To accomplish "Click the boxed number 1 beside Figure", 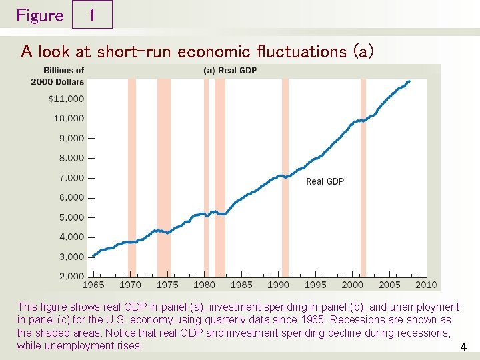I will [92, 15].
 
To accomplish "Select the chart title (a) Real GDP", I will [230, 70].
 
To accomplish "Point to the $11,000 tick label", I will [66, 99].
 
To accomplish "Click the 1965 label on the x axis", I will [93, 285].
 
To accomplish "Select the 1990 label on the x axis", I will [279, 285].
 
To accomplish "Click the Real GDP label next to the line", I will [325, 181].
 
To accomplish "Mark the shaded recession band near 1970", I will [132, 173].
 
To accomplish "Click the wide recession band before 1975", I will [163, 173].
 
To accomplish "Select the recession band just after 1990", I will [285, 173].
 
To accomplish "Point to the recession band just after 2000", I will [363, 173].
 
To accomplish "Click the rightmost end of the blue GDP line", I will [409, 81].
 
